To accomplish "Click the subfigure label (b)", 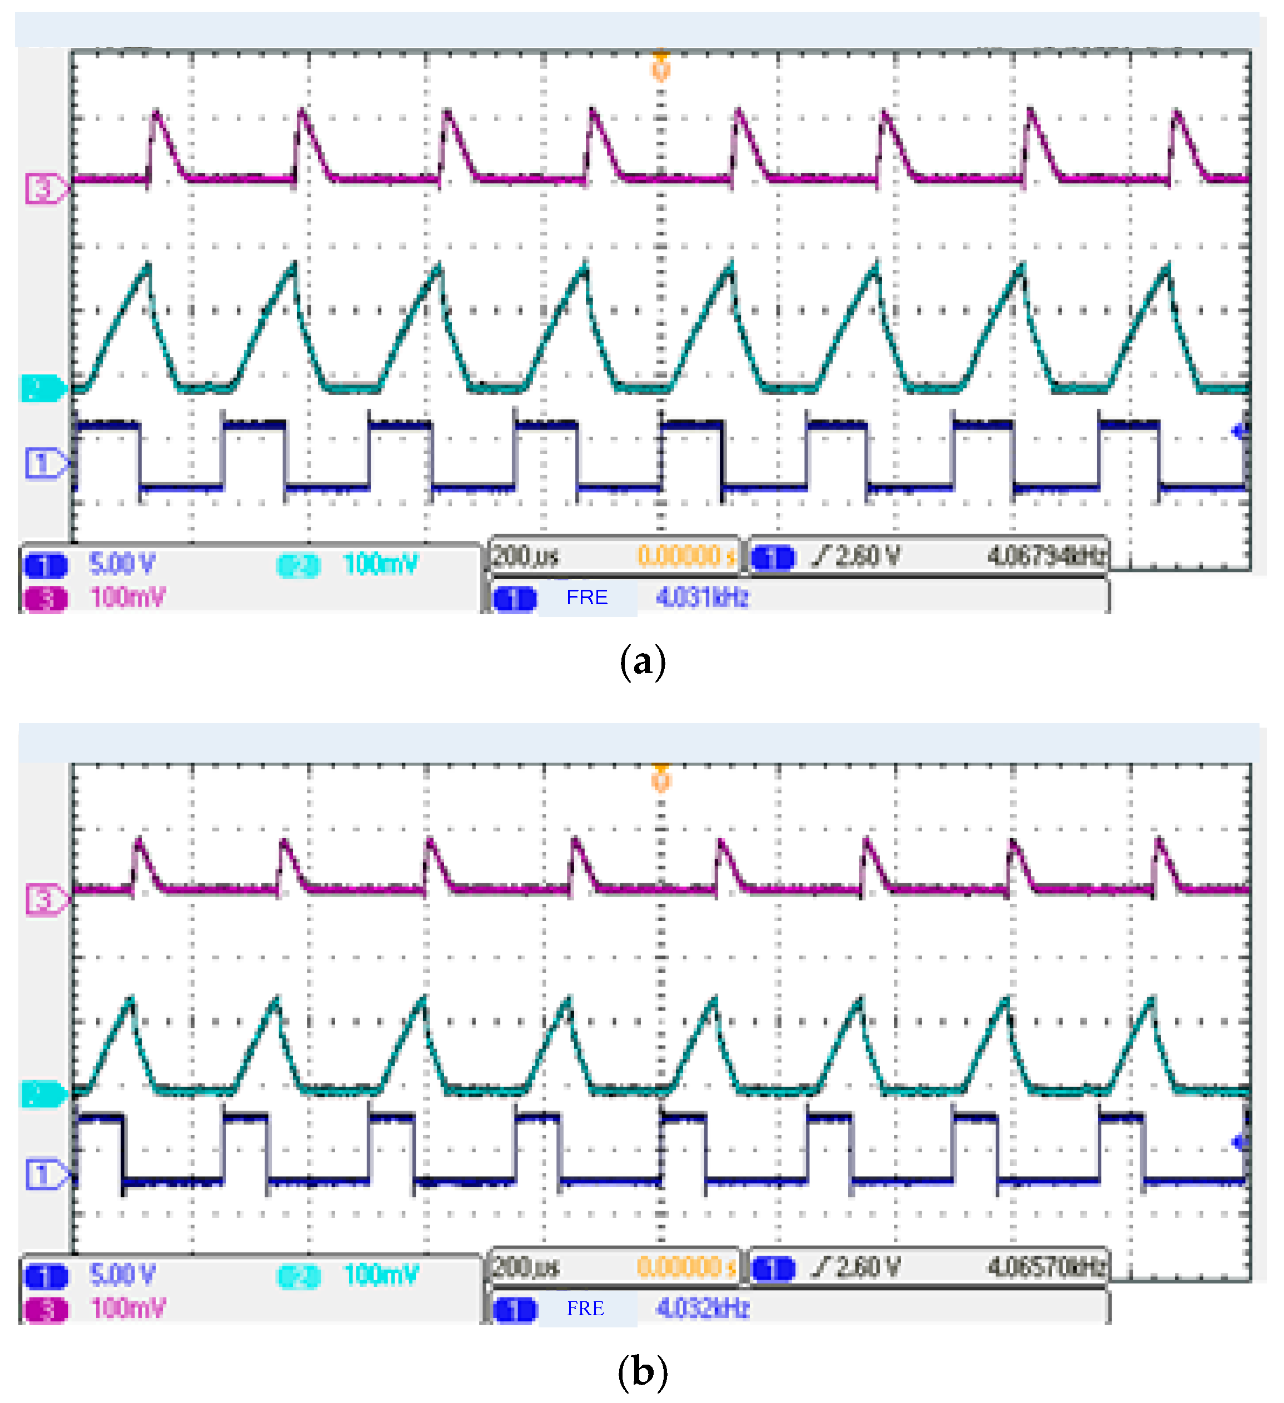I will click(x=641, y=1372).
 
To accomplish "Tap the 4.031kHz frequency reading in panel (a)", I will click(x=701, y=597).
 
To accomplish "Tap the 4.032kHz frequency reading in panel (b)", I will click(x=701, y=1309).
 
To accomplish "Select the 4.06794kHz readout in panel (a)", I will click(x=1046, y=556).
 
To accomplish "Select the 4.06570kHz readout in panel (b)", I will click(x=1046, y=1267).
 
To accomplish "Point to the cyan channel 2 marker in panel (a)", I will click(x=42, y=387).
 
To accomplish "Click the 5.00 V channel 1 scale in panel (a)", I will click(x=122, y=564).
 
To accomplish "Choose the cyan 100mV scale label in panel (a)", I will click(x=380, y=564).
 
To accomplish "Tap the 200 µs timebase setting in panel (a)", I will click(x=525, y=556).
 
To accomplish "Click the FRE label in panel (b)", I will click(x=585, y=1309).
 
